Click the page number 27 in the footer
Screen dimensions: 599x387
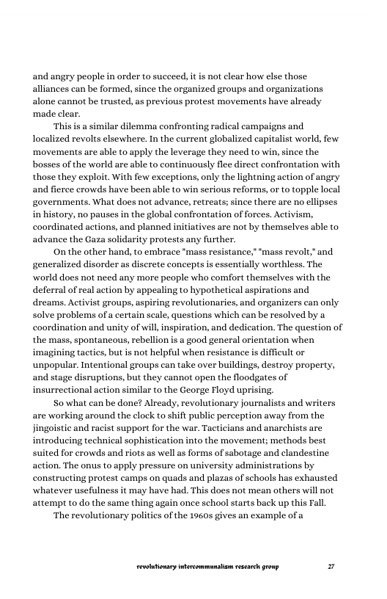331,567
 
